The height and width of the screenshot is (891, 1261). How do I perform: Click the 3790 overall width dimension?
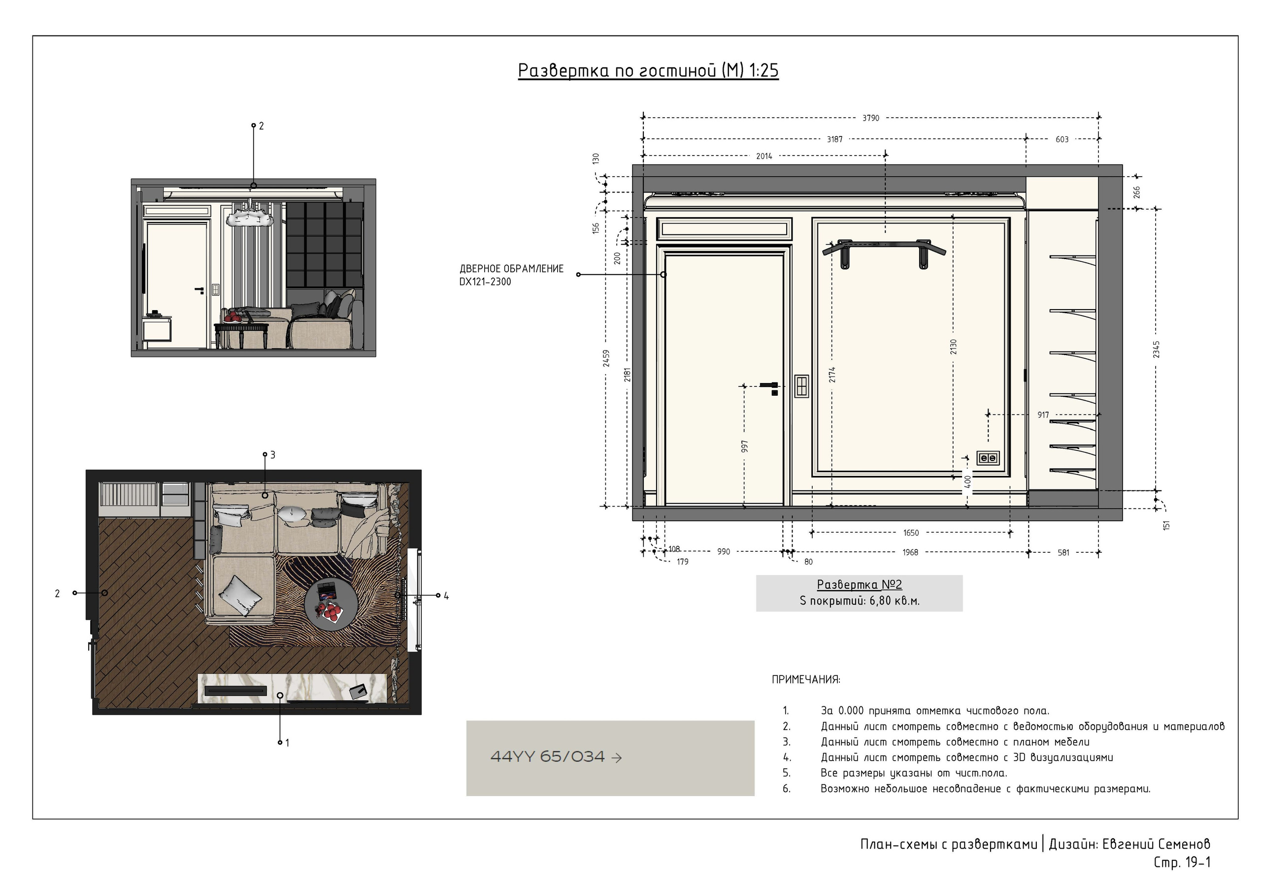[x=870, y=118]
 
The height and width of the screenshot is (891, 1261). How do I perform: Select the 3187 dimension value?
[x=834, y=139]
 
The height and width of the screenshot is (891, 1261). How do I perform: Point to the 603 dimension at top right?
[x=1062, y=139]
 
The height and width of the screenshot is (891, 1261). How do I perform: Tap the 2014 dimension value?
[x=764, y=157]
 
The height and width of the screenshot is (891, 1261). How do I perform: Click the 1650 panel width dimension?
[x=911, y=533]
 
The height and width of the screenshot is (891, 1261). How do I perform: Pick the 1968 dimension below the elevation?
[x=910, y=552]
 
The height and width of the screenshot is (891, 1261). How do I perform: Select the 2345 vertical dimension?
[x=1157, y=350]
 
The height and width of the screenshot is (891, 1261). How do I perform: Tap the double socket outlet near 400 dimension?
[x=988, y=458]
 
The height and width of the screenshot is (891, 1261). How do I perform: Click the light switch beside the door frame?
[x=801, y=386]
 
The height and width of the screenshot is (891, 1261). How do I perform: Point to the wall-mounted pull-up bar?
[x=884, y=252]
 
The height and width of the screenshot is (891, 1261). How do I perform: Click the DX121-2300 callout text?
[x=485, y=282]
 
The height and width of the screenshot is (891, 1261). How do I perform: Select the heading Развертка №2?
[x=860, y=585]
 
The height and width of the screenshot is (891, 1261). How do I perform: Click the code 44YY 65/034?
[x=547, y=757]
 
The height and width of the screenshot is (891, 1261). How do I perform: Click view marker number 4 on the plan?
[x=446, y=596]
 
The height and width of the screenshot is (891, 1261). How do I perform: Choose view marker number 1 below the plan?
[x=287, y=743]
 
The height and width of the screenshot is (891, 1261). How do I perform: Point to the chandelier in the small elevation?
[x=250, y=218]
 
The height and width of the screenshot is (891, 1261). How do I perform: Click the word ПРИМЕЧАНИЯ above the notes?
[x=806, y=680]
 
